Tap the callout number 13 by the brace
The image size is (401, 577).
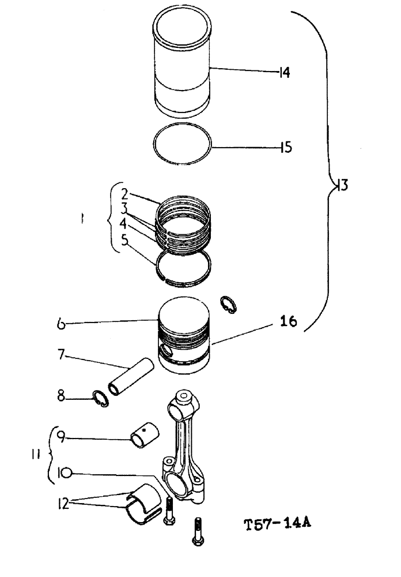pos(343,185)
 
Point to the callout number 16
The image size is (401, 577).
pos(288,322)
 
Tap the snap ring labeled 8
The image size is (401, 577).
pos(101,399)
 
